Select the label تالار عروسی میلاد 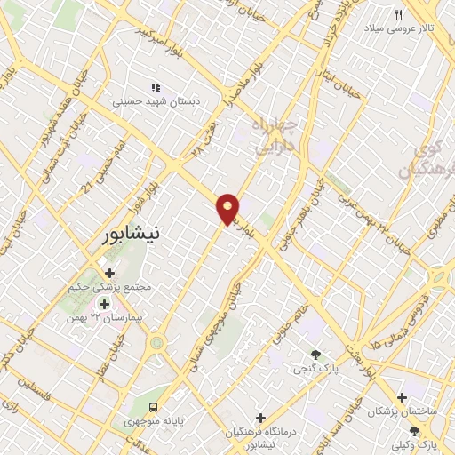click(x=416, y=29)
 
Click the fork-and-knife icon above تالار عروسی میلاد click(x=399, y=14)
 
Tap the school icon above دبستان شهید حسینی click(x=156, y=87)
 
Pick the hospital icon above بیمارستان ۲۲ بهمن click(x=104, y=304)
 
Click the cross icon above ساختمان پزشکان click(x=403, y=397)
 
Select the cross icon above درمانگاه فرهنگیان click(x=260, y=417)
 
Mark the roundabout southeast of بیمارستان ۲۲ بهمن click(x=157, y=342)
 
